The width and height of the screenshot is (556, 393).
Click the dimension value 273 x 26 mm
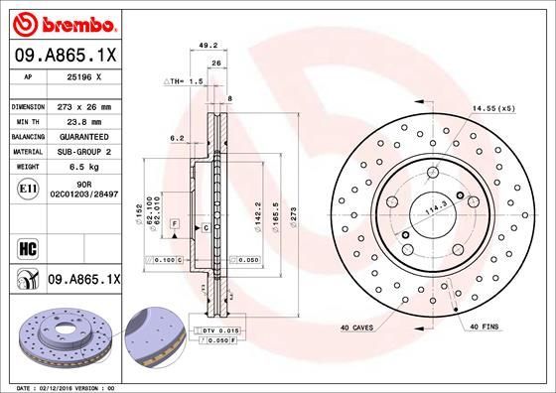tap(84, 106)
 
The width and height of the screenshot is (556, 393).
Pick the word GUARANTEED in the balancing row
tap(84, 135)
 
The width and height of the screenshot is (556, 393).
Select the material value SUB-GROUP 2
tap(84, 151)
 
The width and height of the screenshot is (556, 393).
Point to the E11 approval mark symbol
tap(28, 189)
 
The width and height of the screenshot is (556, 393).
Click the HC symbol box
tap(28, 246)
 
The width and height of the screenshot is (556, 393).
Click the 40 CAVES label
tap(357, 327)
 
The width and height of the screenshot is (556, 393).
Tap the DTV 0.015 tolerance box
tap(221, 328)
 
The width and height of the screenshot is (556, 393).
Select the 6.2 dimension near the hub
tap(177, 138)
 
